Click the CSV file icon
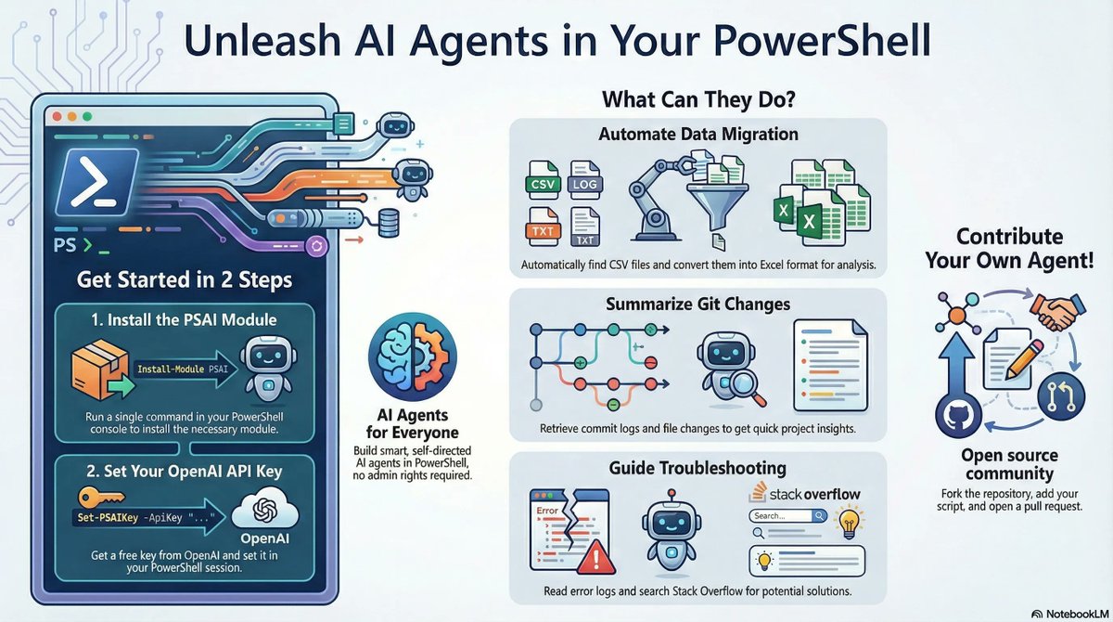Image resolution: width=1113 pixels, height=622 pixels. tap(541, 182)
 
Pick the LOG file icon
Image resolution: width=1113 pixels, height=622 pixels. tap(585, 182)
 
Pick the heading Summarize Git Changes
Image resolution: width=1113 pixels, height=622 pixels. tap(698, 305)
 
